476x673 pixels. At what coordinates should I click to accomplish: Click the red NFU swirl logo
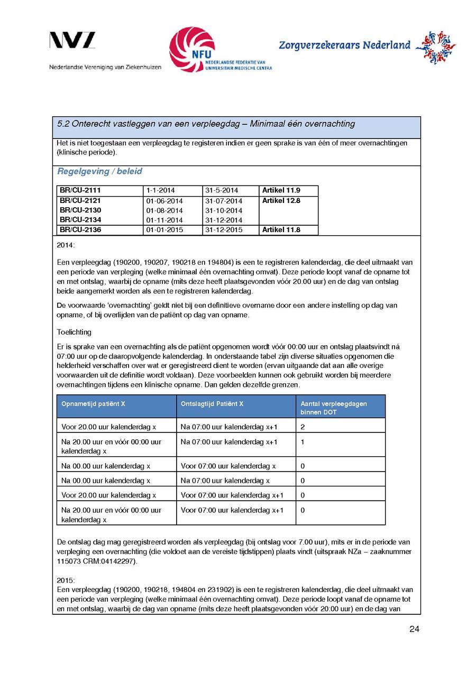191,49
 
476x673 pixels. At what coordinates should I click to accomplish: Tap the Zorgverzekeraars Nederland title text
344,45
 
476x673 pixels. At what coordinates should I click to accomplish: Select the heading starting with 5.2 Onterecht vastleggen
206,124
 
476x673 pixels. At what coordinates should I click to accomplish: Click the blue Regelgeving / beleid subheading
99,171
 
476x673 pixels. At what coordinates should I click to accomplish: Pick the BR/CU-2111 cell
80,190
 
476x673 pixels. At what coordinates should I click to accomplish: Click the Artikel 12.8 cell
281,201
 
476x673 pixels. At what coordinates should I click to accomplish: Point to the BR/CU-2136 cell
80,230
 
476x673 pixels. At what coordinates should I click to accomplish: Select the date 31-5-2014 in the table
222,190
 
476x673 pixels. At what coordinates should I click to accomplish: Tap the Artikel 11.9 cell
281,190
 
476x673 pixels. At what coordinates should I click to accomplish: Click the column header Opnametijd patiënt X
93,403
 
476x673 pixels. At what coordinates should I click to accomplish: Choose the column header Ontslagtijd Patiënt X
212,403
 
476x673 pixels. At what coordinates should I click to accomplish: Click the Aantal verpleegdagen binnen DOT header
334,408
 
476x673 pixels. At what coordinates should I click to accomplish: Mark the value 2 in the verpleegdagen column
303,427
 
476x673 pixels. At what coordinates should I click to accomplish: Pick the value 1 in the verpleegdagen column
303,442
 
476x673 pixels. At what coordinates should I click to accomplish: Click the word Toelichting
74,332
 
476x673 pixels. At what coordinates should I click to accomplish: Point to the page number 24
414,629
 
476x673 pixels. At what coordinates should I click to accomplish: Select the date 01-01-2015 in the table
164,230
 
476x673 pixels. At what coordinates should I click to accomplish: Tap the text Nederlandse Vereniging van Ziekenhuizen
105,67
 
